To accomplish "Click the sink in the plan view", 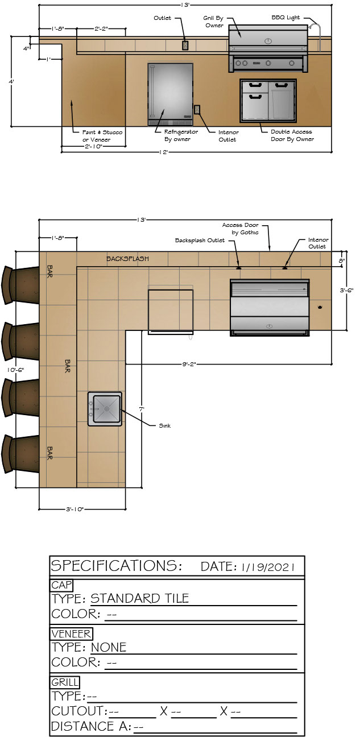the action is [105, 409].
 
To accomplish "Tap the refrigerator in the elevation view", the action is [170, 94].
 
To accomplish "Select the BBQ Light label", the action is [285, 18].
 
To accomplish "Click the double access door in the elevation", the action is [268, 100].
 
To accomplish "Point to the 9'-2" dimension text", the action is [189, 364].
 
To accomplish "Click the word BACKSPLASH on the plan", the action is [127, 259].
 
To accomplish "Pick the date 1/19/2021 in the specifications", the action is [268, 567].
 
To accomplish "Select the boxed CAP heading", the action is [61, 585].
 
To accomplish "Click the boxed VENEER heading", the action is [71, 634].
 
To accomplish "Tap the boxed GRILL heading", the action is [65, 682].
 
